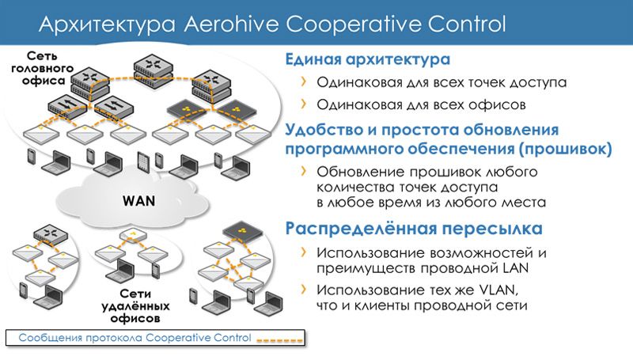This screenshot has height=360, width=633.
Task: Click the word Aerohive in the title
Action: pos(231,24)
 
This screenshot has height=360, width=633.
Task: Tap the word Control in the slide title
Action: pos(467,24)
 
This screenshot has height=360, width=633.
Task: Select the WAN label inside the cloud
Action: pos(138,201)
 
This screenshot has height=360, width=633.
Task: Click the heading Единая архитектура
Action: pos(367,59)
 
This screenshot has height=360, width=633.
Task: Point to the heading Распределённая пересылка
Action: pos(414,229)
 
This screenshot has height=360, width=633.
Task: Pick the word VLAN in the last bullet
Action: pos(498,290)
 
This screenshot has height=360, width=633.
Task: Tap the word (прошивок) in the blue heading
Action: pos(566,149)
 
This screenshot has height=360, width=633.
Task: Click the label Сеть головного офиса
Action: pos(43,68)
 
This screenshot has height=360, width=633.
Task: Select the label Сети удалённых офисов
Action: pos(135,306)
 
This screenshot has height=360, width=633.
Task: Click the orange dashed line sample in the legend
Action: pos(280,341)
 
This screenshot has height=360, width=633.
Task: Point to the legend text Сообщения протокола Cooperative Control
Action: pos(135,338)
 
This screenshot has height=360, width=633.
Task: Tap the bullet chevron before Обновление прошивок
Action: pos(304,171)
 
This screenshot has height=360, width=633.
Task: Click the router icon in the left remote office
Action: pos(51,233)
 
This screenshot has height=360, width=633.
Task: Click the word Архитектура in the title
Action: pos(107,25)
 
